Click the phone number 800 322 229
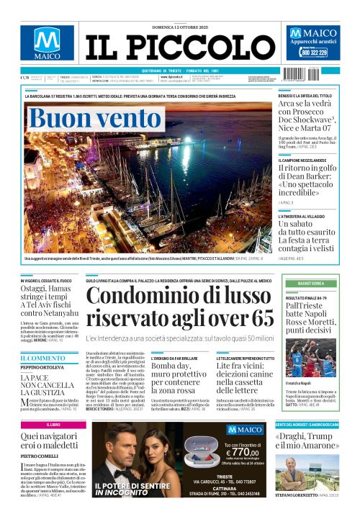(x=313, y=53)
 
